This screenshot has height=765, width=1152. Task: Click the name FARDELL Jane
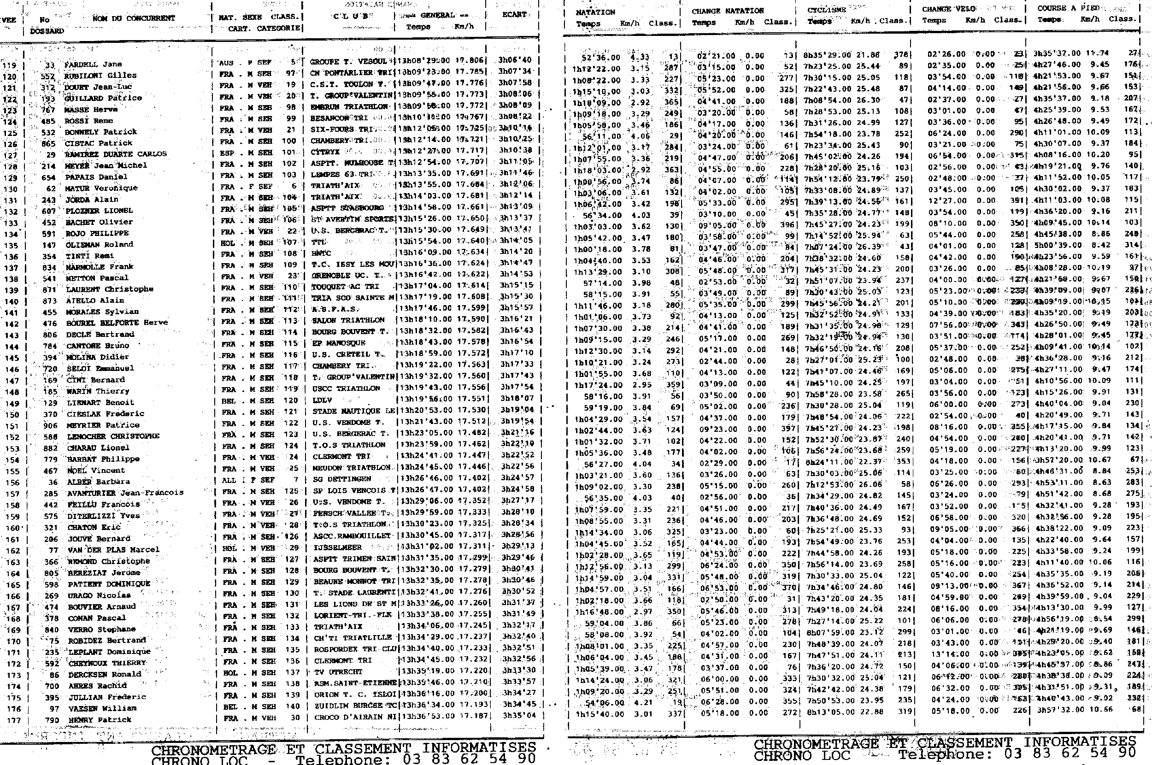click(x=93, y=64)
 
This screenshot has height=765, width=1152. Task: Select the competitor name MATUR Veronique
click(x=101, y=188)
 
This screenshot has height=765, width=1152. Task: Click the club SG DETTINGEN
click(x=342, y=479)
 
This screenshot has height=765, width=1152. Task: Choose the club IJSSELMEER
click(x=337, y=547)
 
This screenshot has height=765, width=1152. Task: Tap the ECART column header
click(x=514, y=15)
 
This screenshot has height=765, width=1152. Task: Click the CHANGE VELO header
click(x=949, y=9)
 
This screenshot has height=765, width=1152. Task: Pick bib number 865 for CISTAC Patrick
click(x=49, y=143)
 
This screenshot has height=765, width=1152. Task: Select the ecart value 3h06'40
click(x=515, y=60)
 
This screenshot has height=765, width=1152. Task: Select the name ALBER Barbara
click(x=98, y=482)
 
